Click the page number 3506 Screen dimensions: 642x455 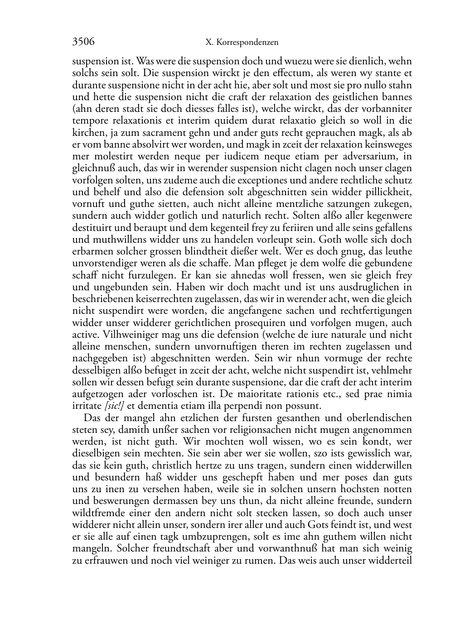coord(83,42)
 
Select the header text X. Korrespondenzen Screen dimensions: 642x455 coord(242,43)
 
